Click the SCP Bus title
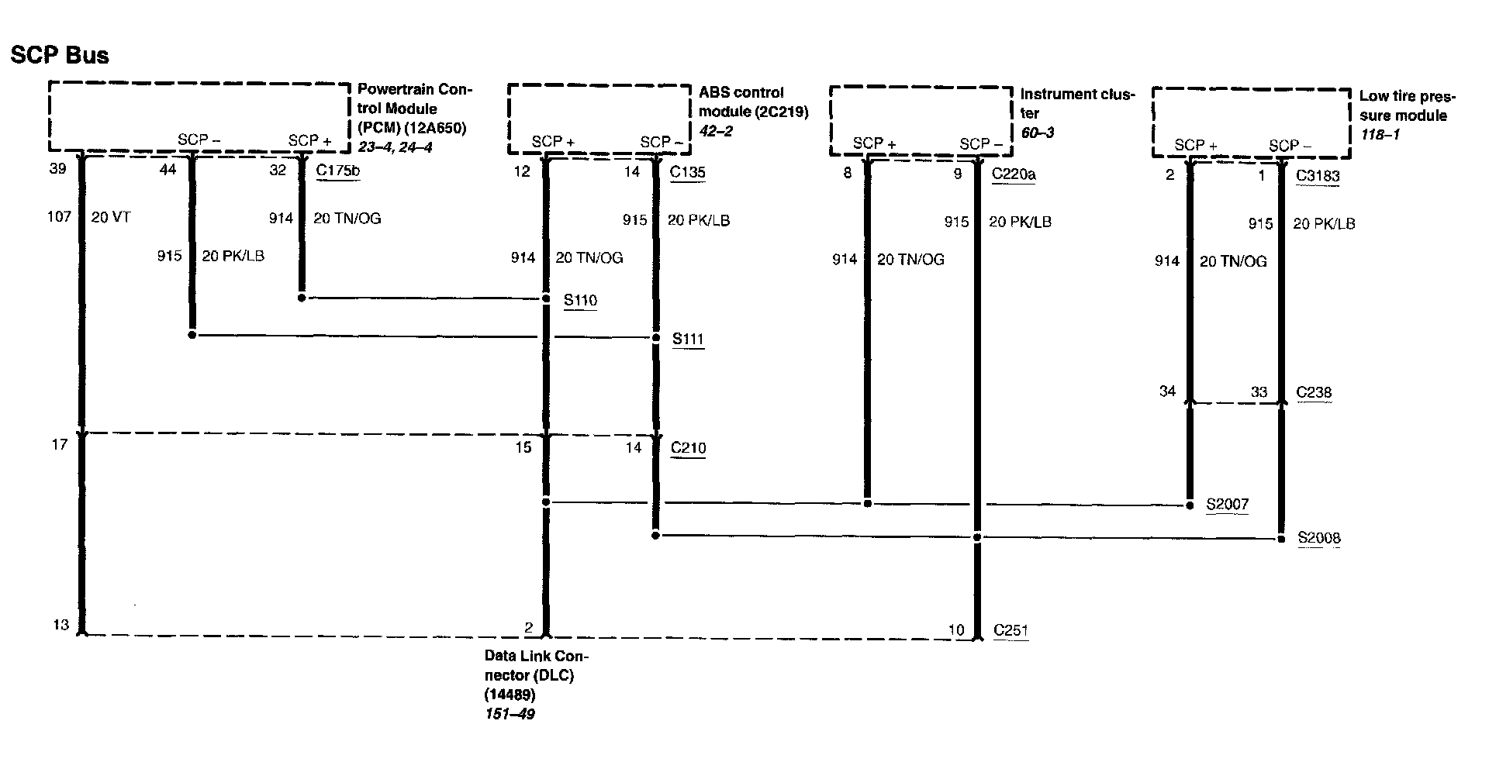point(60,55)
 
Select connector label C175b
point(338,171)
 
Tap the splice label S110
point(580,300)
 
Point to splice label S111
point(688,339)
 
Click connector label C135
point(688,172)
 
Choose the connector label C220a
point(1014,174)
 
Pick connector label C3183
point(1318,176)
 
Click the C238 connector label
point(1315,392)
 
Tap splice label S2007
point(1227,505)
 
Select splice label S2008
point(1318,538)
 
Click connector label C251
point(1011,630)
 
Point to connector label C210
point(688,447)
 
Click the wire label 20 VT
point(111,218)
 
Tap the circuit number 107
point(59,217)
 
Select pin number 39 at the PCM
point(57,168)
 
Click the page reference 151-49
point(510,714)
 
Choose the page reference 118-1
point(1380,135)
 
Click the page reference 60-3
point(1037,133)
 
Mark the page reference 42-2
point(716,131)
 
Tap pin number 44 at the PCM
point(168,170)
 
